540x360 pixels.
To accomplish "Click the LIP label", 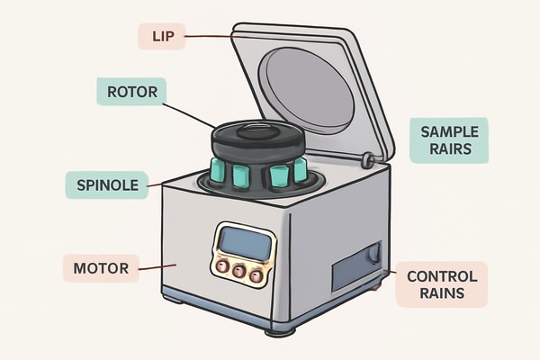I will click(161, 36).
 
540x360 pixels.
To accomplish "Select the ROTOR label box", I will click(130, 91).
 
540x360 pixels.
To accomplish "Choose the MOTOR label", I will click(101, 267).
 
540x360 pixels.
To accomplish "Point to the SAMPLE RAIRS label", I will click(447, 139).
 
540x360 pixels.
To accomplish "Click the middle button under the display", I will click(239, 271).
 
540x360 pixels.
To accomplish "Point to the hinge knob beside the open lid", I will click(366, 160).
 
